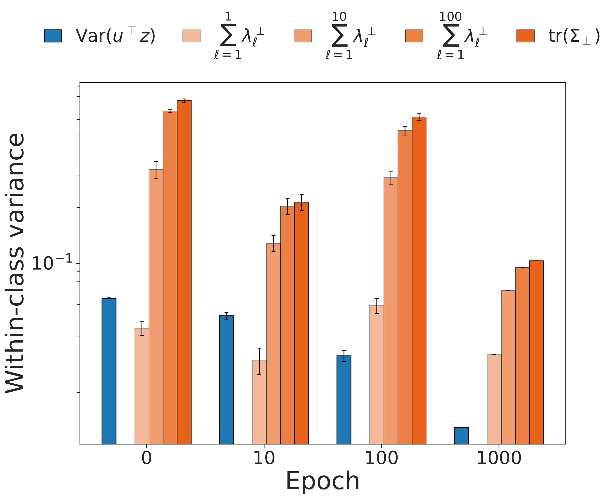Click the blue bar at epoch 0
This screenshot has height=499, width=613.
tap(109, 371)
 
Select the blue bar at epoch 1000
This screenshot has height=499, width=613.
tap(461, 435)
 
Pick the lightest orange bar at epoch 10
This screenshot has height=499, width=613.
tap(259, 402)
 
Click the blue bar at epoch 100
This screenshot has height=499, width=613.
tap(344, 400)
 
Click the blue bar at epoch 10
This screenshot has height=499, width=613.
tap(226, 380)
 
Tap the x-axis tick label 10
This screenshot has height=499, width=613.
tap(264, 458)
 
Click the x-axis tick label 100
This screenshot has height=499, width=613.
tap(381, 458)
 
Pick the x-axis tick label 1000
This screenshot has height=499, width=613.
tap(499, 458)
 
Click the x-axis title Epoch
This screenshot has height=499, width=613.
tap(322, 481)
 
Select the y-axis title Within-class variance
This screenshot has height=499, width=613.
tap(16, 263)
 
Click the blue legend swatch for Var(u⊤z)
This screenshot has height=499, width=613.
tap(53, 36)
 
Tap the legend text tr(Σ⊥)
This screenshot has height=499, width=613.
tap(574, 36)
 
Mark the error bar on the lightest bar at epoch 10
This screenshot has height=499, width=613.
tap(259, 361)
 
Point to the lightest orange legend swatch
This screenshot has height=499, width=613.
tap(191, 36)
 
